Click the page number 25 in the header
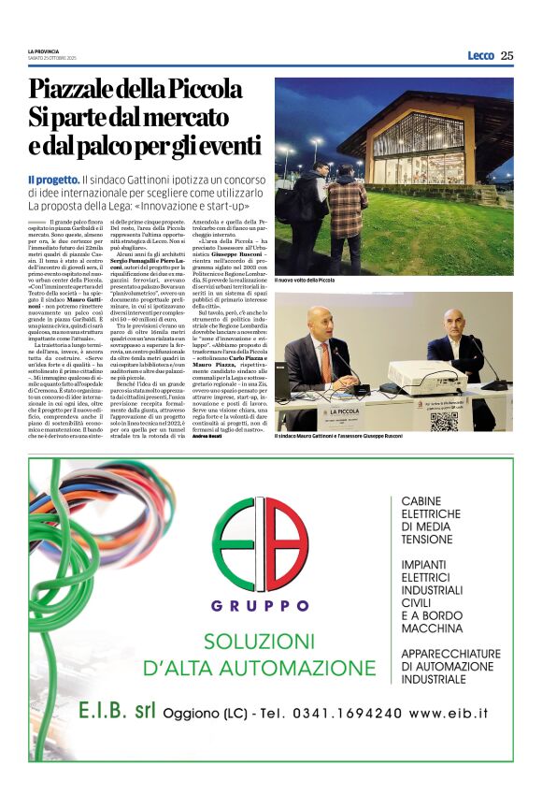point(506,55)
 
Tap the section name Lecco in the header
point(480,55)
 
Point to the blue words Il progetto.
point(52,178)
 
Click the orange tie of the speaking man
point(324,361)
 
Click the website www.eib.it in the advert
point(449,713)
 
